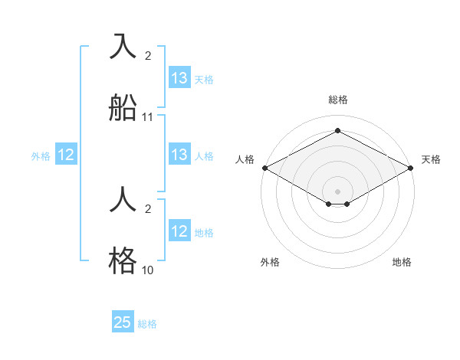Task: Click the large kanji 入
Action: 123,46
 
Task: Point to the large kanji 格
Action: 123,260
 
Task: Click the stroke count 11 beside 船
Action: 148,117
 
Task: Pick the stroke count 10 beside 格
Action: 148,270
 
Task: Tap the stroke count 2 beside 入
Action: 148,56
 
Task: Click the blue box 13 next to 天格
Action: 179,78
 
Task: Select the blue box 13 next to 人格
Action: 179,155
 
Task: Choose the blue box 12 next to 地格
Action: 179,231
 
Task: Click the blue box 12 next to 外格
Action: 66,155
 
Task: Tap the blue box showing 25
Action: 123,322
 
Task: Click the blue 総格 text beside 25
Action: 147,324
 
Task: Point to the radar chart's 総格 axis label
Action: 338,100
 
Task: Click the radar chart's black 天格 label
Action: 431,159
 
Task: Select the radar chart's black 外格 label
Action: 270,262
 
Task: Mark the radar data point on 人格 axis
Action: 264,168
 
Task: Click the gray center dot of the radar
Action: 338,191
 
